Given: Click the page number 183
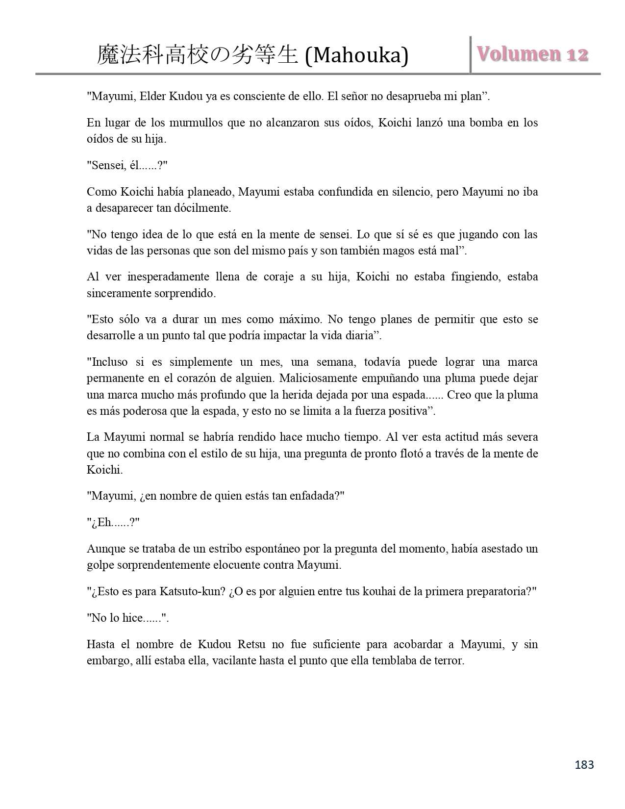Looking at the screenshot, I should [x=584, y=764].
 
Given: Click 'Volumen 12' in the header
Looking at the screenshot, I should [x=533, y=54].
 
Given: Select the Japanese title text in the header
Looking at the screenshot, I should [x=198, y=55].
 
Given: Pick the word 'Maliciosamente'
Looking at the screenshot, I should [x=289, y=379].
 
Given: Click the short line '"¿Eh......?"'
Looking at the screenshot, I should [x=113, y=522].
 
